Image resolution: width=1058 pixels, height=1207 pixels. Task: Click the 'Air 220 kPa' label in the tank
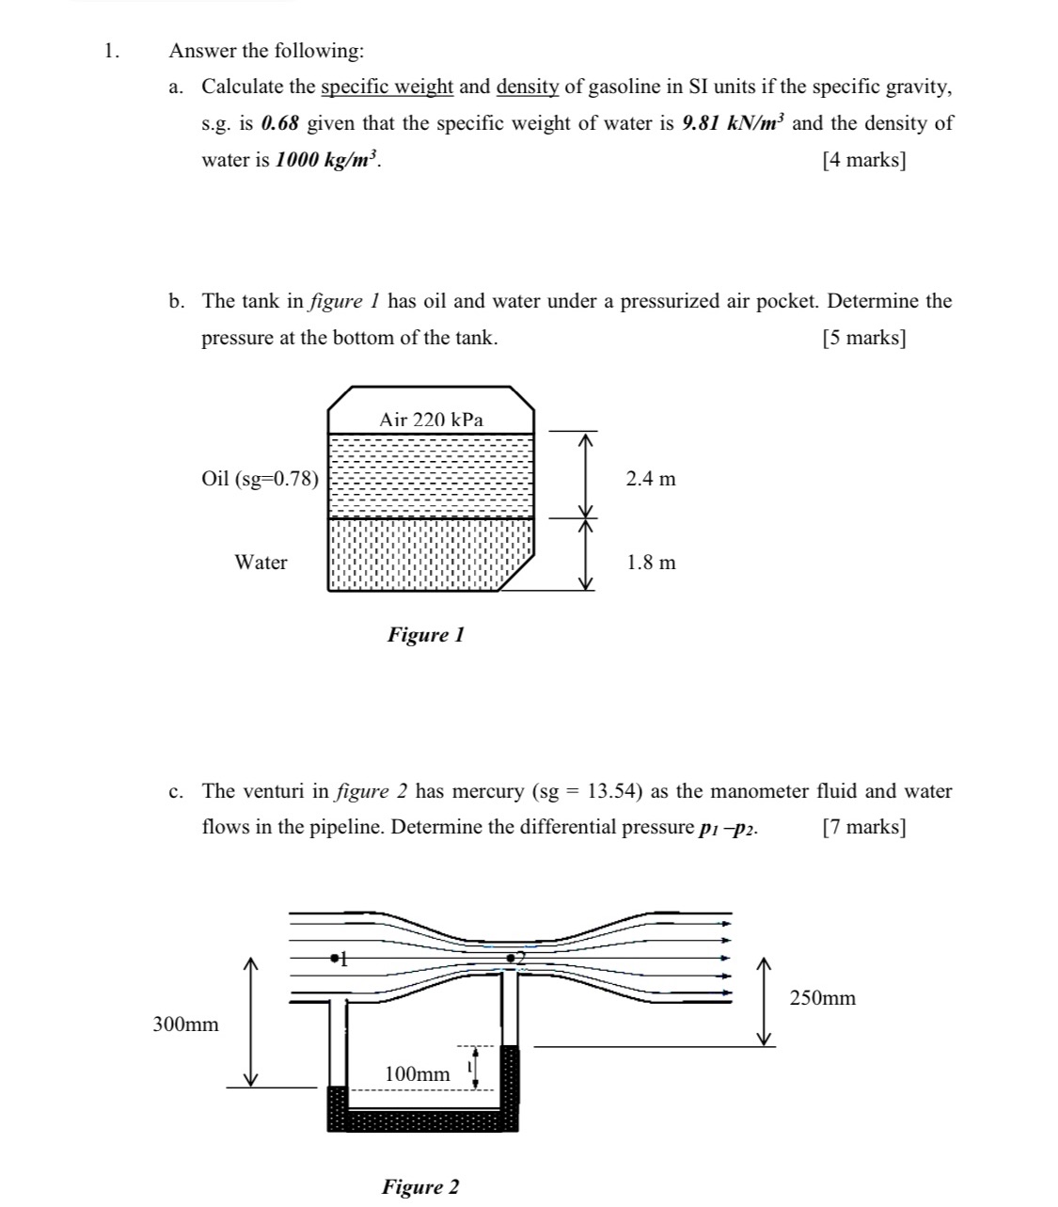click(x=431, y=420)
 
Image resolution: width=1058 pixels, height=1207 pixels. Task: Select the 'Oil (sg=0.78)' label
click(x=261, y=479)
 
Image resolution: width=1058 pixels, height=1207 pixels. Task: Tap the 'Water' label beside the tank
click(x=261, y=563)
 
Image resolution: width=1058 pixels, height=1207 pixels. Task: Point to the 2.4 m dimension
click(x=651, y=479)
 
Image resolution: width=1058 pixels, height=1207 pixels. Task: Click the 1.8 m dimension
click(x=651, y=563)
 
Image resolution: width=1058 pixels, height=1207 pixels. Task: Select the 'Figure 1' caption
click(x=426, y=635)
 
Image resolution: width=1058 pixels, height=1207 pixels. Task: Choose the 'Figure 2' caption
click(x=420, y=1186)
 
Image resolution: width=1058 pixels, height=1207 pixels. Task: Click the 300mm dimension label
click(x=185, y=1024)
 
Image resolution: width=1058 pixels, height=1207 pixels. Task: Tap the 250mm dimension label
click(x=823, y=998)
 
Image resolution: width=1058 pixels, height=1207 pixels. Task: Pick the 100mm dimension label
click(x=418, y=1073)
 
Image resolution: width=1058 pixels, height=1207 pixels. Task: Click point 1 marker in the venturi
click(x=335, y=959)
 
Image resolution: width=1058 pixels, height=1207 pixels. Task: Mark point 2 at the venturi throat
click(x=511, y=958)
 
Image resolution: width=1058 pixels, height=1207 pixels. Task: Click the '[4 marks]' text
click(x=864, y=160)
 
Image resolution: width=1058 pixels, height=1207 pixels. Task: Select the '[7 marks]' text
click(x=864, y=827)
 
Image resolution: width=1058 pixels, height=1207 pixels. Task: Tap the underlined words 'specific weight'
click(x=387, y=87)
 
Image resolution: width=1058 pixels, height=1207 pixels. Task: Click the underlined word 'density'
click(x=528, y=87)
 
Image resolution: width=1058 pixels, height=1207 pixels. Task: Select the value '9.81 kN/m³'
click(x=734, y=123)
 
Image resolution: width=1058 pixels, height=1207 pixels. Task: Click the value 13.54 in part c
click(x=614, y=791)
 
